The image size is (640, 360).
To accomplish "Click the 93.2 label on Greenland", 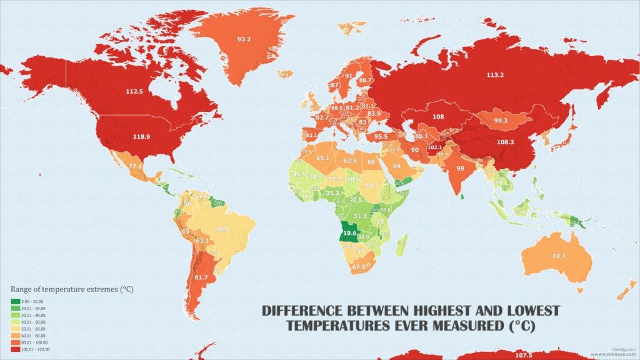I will point(244,40).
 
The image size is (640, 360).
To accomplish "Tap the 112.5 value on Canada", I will point(134,91).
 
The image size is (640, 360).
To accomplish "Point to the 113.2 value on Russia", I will point(495,76).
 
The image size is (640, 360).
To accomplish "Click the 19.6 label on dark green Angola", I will point(349,234).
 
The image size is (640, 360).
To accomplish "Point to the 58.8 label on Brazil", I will point(222,230).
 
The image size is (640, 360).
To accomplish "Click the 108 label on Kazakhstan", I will point(439,117).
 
